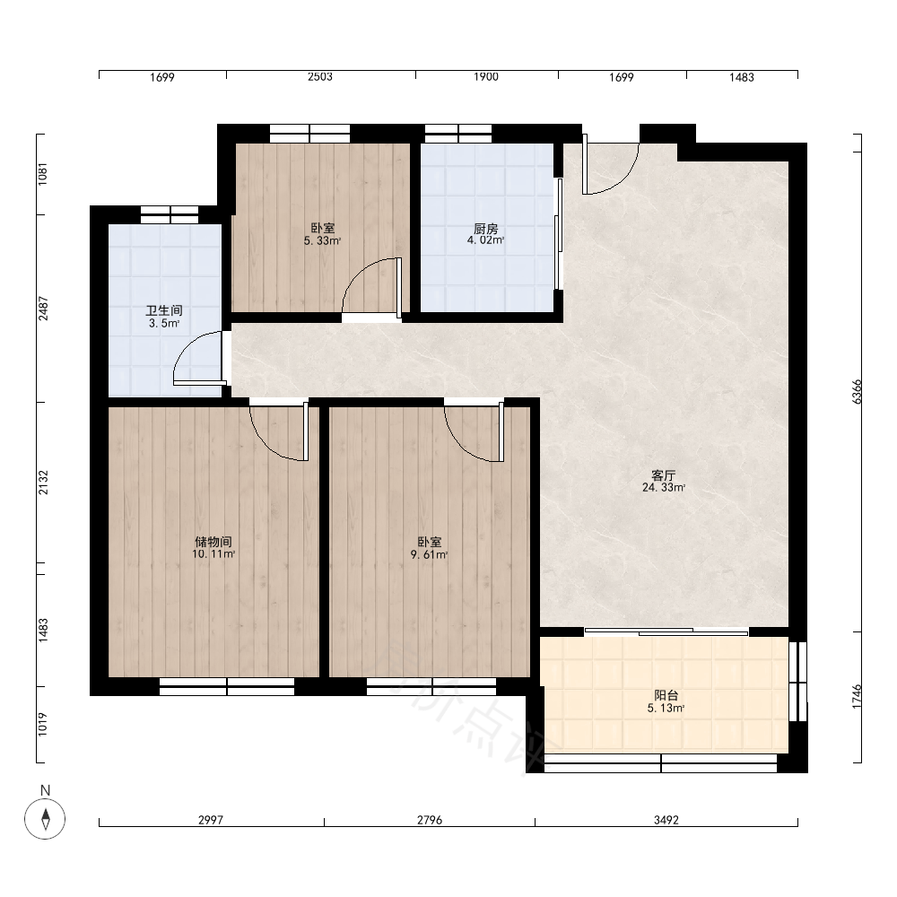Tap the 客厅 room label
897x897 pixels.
[x=664, y=475]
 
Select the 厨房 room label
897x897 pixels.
[x=485, y=229]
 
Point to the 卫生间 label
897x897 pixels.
[x=164, y=310]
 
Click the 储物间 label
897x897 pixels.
[x=213, y=541]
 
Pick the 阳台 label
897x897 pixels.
[x=666, y=696]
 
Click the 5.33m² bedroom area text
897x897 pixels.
[x=322, y=240]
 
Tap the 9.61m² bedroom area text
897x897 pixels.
[x=429, y=554]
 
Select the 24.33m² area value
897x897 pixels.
[x=664, y=488]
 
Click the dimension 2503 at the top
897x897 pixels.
[x=320, y=76]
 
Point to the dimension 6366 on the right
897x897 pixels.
[x=857, y=392]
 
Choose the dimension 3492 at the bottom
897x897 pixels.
[x=666, y=820]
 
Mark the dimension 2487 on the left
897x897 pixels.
[x=43, y=309]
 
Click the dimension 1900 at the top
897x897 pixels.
[x=485, y=76]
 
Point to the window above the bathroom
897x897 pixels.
[x=170, y=214]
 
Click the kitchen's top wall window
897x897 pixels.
[x=458, y=134]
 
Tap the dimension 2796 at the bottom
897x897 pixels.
[x=429, y=820]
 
